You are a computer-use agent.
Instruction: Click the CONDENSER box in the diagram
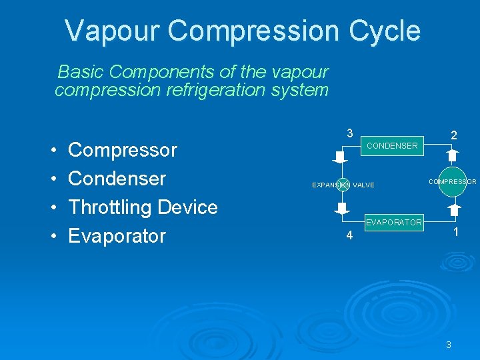click(x=392, y=145)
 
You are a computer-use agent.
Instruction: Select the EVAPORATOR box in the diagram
click(x=393, y=222)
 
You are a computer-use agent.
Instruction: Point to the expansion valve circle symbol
click(x=343, y=185)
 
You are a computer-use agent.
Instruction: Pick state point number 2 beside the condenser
click(x=453, y=135)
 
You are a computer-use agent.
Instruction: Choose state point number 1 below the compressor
click(x=455, y=233)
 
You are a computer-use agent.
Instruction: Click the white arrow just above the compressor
click(x=451, y=156)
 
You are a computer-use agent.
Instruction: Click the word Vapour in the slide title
click(x=113, y=31)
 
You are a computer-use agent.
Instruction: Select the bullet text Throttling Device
click(x=143, y=207)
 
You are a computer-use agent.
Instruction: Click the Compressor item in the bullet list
click(x=123, y=150)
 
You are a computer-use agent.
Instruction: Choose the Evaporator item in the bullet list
click(x=117, y=236)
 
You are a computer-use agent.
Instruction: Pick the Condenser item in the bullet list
click(x=117, y=179)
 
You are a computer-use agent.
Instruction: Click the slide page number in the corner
click(x=449, y=345)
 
